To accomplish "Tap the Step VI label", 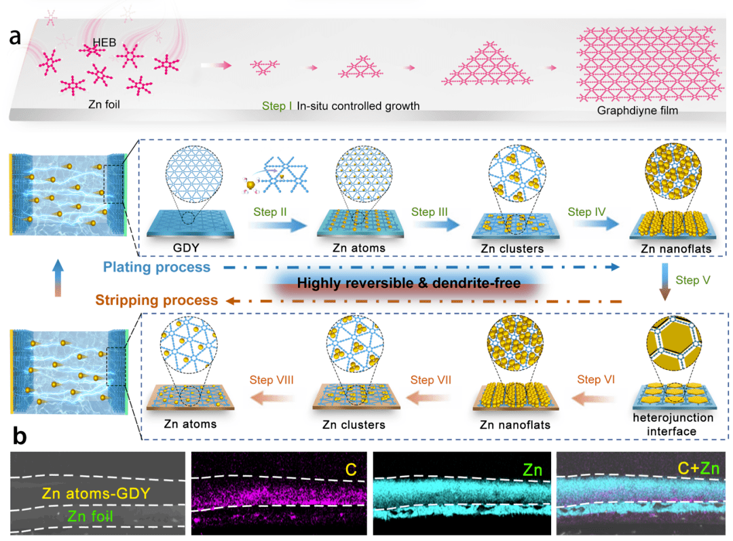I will click(x=596, y=379).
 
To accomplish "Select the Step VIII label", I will click(x=271, y=379).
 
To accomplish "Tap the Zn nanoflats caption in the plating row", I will click(x=675, y=249).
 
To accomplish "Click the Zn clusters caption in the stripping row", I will click(x=351, y=425).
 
